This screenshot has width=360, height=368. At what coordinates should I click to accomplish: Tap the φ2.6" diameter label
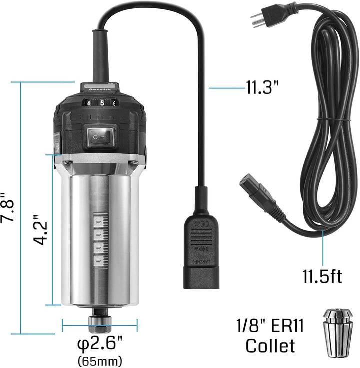tap(100, 345)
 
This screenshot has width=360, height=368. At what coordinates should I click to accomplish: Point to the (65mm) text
tap(100, 360)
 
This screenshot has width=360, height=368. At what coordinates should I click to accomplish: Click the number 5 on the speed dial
tap(103, 103)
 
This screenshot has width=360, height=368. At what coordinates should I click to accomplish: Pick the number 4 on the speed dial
tap(89, 104)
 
